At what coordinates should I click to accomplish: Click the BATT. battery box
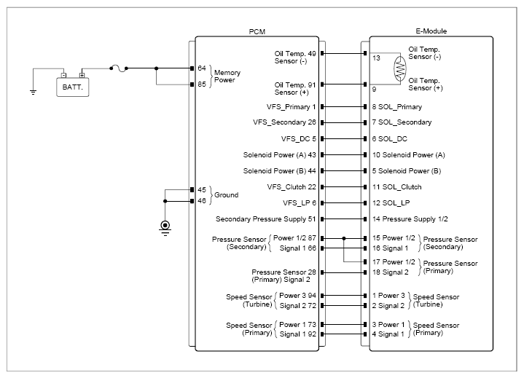73,87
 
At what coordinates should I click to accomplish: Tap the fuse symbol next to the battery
119,68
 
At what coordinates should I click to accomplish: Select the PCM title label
257,32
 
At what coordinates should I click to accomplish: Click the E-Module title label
431,31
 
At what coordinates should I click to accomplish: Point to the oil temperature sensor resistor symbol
400,69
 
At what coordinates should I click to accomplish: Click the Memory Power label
227,76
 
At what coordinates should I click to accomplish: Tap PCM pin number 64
202,68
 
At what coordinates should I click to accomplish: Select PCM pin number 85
202,84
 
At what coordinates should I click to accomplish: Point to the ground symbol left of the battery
33,92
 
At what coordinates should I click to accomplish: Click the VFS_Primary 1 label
291,107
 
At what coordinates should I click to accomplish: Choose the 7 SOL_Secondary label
402,122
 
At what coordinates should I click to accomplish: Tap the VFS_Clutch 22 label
292,187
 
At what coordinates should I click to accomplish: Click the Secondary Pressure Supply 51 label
266,219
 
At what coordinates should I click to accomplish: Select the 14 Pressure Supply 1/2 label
410,219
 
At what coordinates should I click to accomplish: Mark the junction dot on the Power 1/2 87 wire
344,238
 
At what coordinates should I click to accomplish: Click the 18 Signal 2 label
391,272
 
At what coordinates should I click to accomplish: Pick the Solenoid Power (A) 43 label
279,155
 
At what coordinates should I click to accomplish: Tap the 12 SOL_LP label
391,203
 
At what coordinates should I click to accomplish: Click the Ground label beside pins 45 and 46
226,195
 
